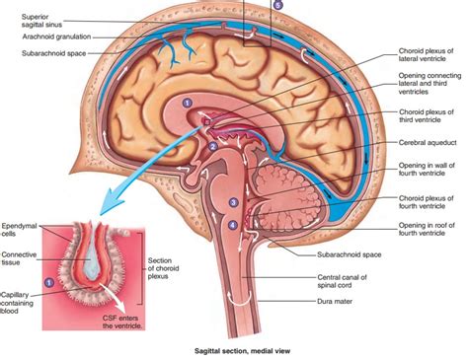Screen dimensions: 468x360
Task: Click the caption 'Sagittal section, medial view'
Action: pos(233,349)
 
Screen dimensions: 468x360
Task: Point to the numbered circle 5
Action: pos(277,5)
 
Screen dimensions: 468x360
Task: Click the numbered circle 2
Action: pos(212,146)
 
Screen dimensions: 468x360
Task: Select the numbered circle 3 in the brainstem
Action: pos(233,202)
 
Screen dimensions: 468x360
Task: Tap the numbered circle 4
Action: pos(233,224)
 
